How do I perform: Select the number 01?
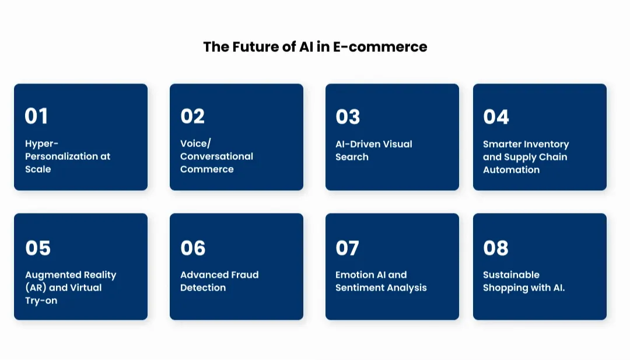36,116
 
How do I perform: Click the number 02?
192,116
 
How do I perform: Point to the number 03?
348,117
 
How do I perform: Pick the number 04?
496,117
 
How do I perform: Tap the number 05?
38,248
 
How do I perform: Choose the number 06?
193,248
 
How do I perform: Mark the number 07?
347,248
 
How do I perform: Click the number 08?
496,248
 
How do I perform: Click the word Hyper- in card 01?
42,144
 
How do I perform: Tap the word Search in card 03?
352,157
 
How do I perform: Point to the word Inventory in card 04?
547,144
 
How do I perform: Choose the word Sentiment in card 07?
360,288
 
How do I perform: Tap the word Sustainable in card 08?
511,275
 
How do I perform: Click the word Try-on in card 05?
41,300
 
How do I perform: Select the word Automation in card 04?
511,170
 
